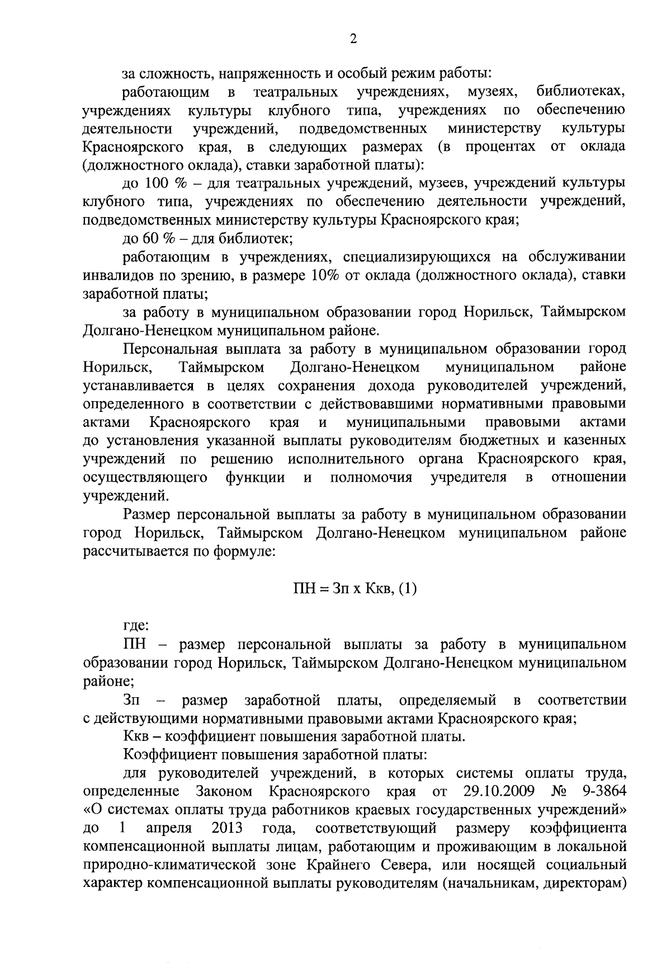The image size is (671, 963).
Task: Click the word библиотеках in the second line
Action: point(580,91)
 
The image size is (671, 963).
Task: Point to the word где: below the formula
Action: point(135,626)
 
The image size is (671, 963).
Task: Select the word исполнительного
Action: point(346,459)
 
